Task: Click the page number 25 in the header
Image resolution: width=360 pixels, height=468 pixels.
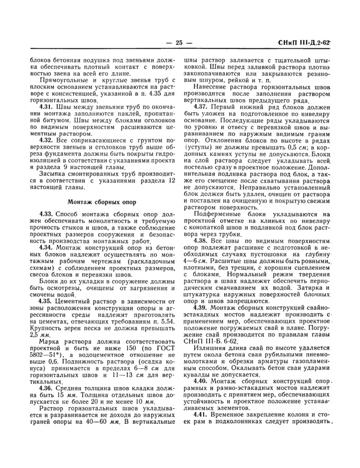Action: click(x=179, y=43)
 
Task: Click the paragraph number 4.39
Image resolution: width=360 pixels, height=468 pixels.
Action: click(x=202, y=307)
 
